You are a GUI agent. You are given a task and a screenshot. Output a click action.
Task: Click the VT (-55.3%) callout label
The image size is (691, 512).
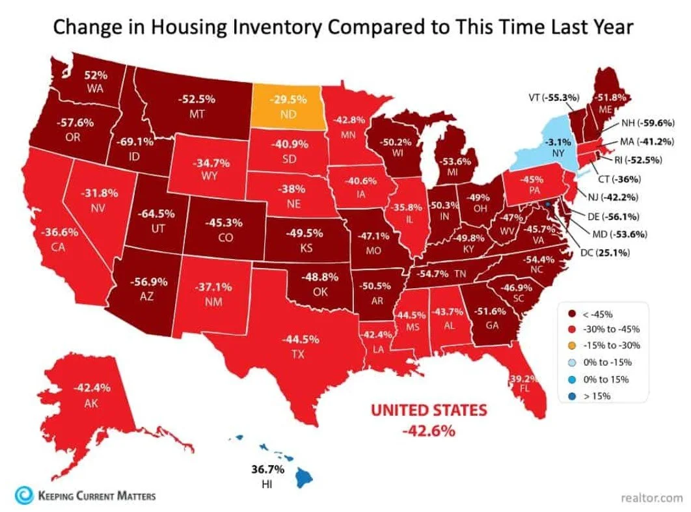pos(550,98)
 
